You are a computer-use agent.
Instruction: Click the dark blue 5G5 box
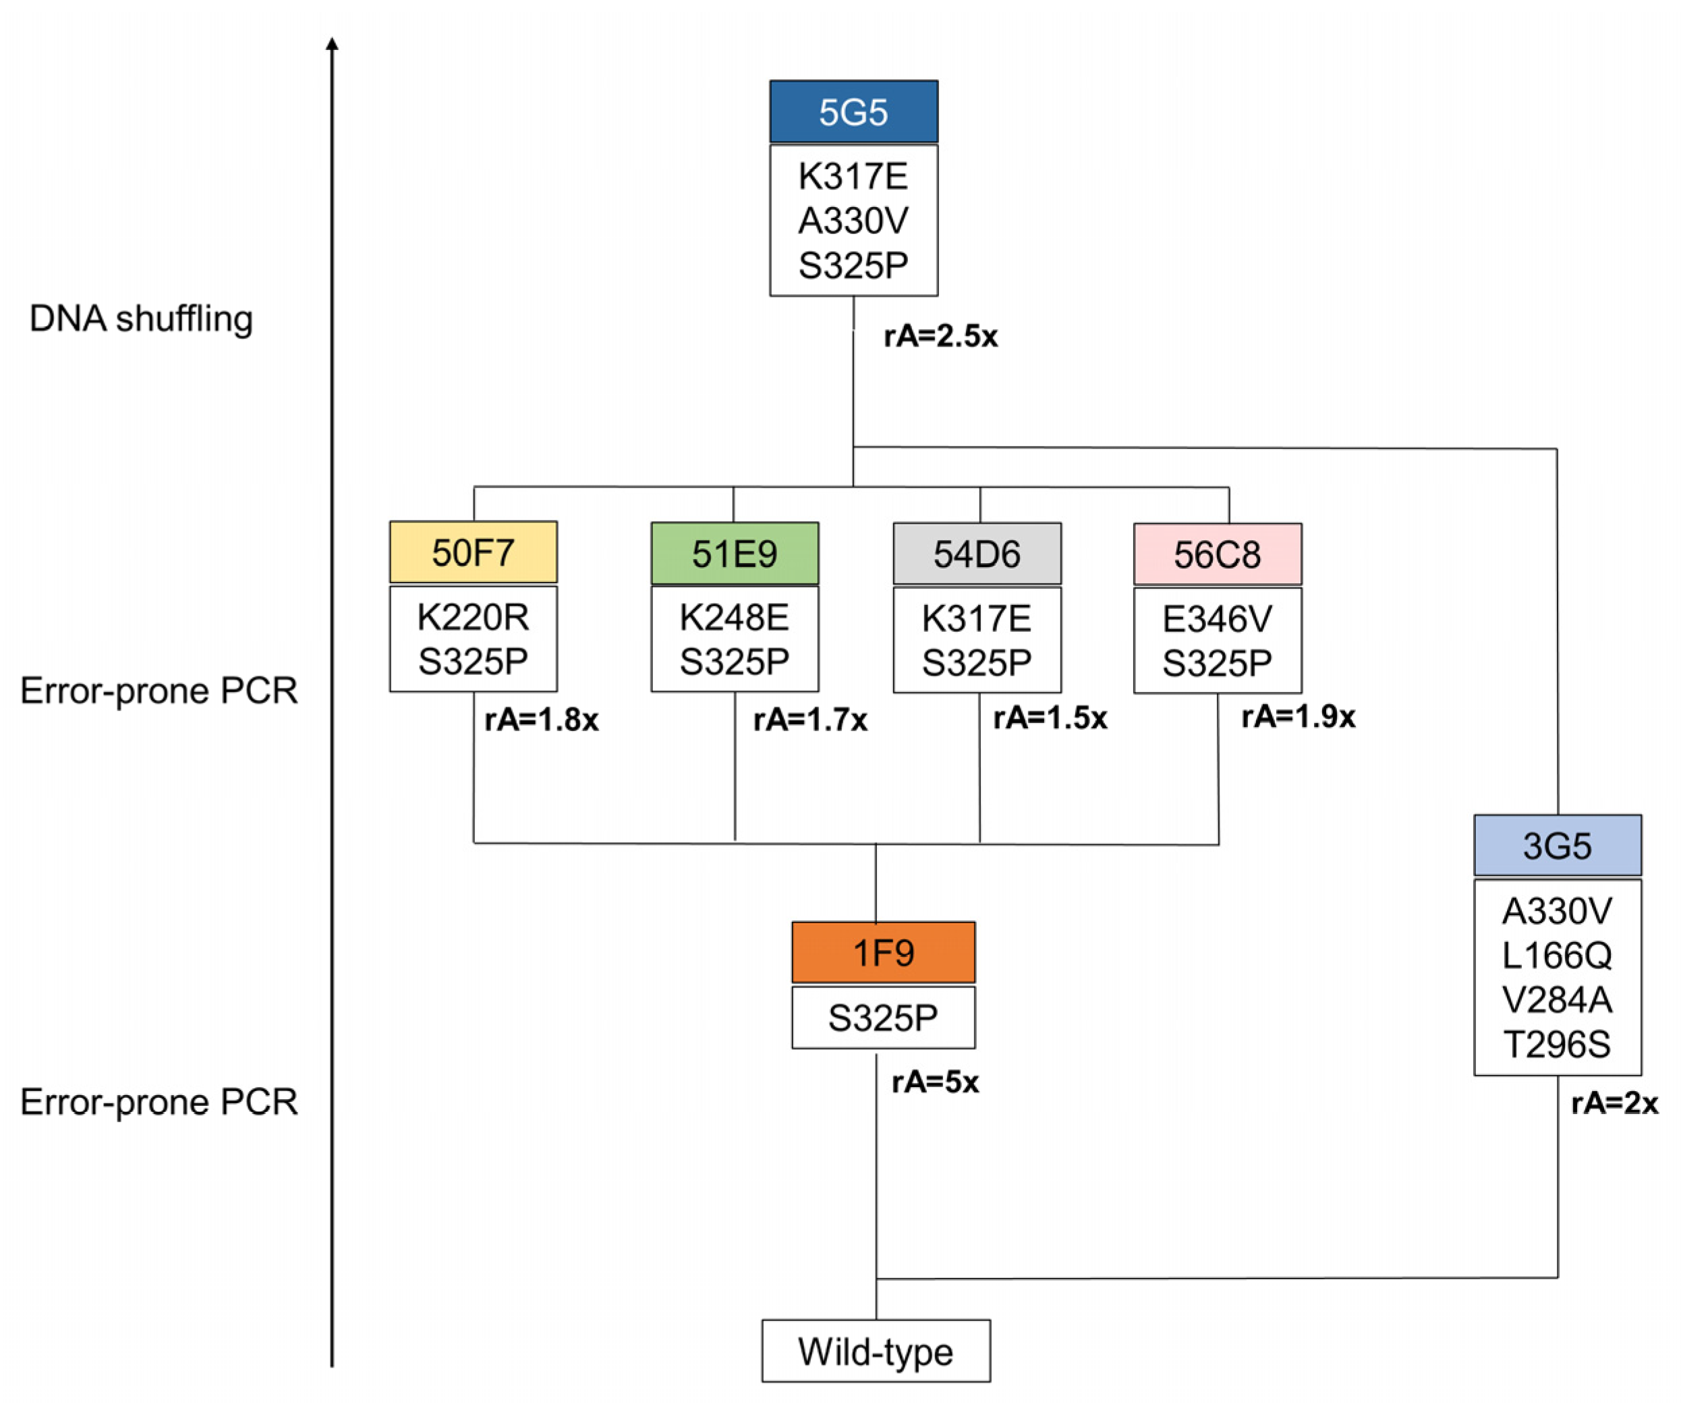click(853, 111)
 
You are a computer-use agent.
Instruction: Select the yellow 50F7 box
click(473, 552)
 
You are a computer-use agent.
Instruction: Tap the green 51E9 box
click(735, 553)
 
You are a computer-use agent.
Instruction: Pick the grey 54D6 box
click(977, 554)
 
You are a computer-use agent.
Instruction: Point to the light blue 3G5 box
click(1558, 845)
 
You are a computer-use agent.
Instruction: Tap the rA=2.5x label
click(940, 337)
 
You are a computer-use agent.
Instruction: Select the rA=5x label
click(935, 1082)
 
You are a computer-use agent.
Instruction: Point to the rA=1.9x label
click(1299, 716)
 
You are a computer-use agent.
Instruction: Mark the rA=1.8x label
click(541, 720)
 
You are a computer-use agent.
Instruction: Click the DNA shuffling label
click(141, 318)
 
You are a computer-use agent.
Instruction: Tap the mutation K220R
click(473, 617)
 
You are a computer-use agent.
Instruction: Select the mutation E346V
click(1218, 619)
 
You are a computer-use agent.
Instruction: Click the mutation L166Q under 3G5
click(1557, 955)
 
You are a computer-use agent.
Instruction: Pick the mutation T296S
click(1557, 1044)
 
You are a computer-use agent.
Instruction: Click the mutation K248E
click(735, 617)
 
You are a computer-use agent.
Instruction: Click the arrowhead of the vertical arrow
click(332, 43)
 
